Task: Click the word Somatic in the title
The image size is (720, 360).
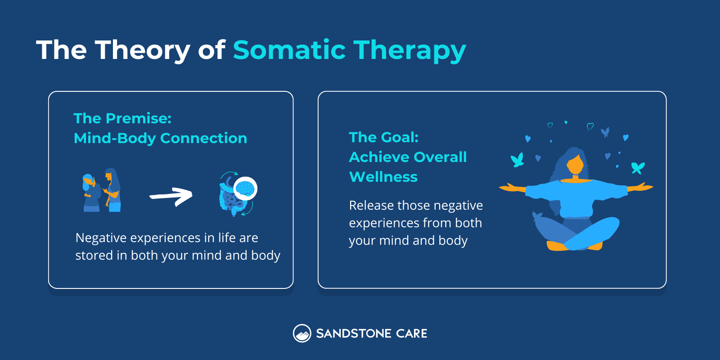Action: [289, 49]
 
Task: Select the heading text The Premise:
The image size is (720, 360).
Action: [122, 118]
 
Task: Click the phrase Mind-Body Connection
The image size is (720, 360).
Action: [160, 138]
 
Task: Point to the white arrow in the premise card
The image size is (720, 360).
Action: [171, 196]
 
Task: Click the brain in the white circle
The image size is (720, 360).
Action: [245, 188]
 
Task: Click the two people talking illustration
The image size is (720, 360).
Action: [102, 191]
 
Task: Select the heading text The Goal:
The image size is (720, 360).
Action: [383, 137]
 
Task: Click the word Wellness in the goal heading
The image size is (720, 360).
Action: [383, 177]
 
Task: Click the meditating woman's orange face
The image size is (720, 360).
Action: [576, 166]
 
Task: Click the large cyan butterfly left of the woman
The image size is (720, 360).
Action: [517, 160]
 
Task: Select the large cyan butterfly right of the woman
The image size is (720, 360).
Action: [638, 167]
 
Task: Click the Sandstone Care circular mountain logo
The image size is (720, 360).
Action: [302, 333]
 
